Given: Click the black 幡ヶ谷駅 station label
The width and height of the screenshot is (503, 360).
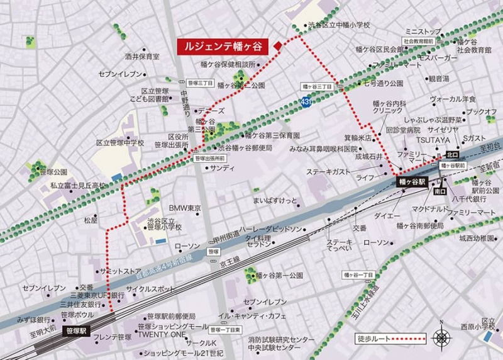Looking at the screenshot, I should (412, 181).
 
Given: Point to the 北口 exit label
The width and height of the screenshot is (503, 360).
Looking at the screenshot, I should (452, 154).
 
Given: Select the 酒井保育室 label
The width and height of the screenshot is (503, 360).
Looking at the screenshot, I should (141, 56).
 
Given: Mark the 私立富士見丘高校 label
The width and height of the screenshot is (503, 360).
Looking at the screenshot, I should (78, 186).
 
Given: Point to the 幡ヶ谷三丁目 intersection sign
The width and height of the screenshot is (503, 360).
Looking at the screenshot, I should (314, 86).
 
